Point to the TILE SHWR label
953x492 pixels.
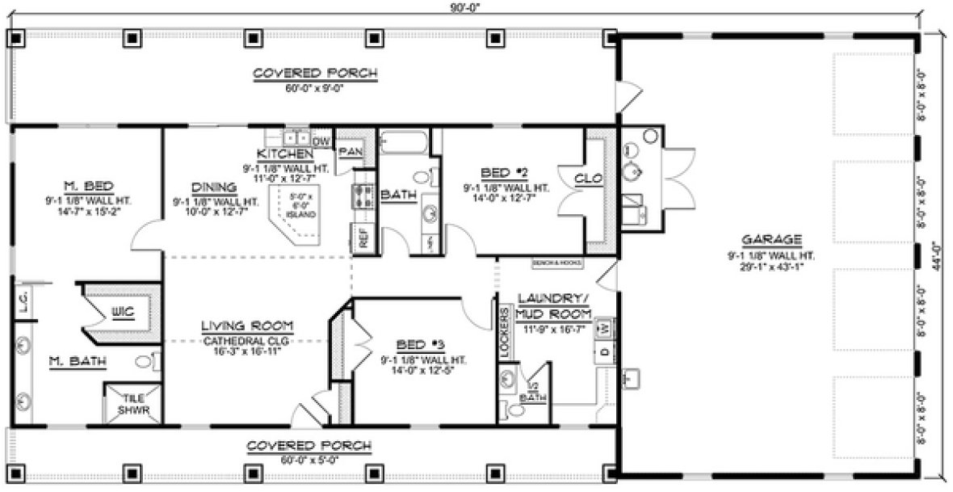132,404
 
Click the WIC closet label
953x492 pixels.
123,310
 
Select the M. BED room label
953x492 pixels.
82,183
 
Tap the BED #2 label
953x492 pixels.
506,173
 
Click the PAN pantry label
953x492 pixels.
349,151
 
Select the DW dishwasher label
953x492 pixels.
321,141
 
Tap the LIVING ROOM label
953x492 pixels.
247,327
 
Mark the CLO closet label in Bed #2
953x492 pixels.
588,179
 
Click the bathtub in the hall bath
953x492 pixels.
404,143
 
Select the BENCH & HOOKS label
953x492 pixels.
556,263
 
